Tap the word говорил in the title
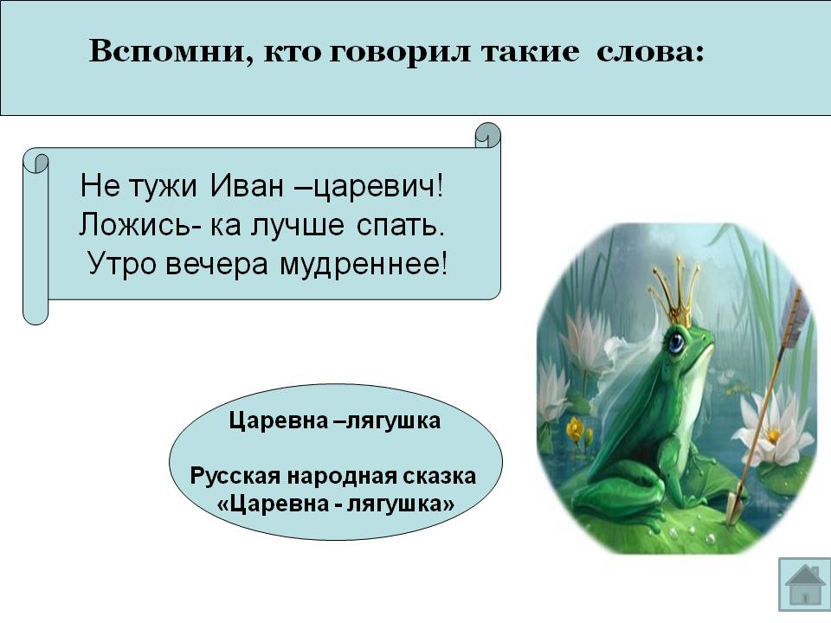click(x=400, y=53)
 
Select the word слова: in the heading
click(x=651, y=52)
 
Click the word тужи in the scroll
click(x=163, y=187)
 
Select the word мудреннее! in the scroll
click(x=364, y=265)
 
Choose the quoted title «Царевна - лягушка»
click(x=336, y=504)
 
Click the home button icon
click(x=804, y=584)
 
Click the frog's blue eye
click(x=676, y=343)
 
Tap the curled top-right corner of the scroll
click(x=487, y=136)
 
